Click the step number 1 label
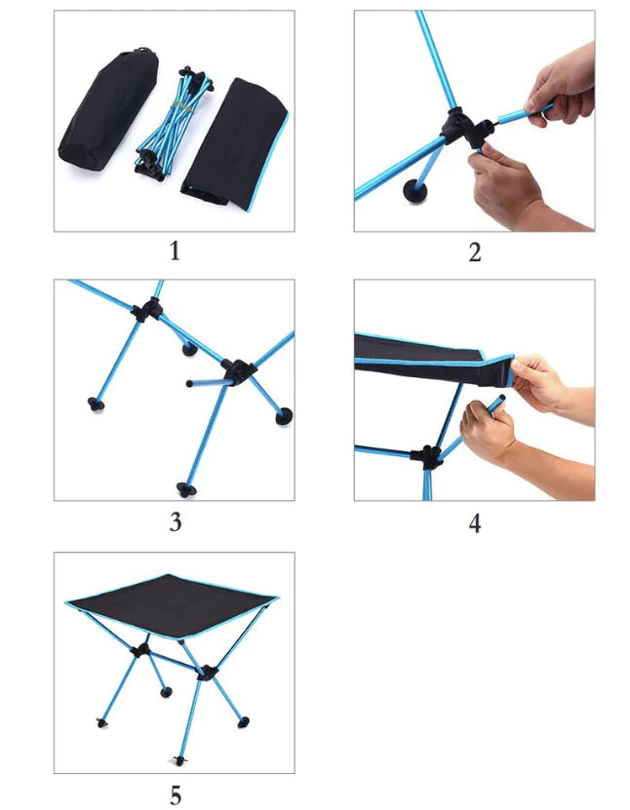(x=175, y=251)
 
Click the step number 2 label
(x=474, y=252)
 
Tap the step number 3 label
(x=176, y=522)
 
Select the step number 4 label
(x=474, y=522)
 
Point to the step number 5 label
(x=176, y=795)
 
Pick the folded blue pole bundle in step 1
(x=174, y=124)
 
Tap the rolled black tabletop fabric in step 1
(x=235, y=144)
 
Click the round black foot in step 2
(x=415, y=191)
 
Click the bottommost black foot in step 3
(x=185, y=489)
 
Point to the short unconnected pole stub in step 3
(x=207, y=383)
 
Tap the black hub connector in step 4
(x=427, y=457)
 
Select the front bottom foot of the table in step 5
(x=180, y=760)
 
